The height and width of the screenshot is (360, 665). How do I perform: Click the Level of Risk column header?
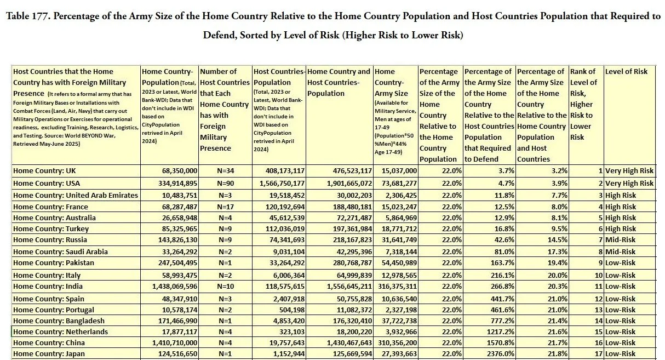pos(626,72)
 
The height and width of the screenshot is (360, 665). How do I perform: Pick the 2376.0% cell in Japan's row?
pos(498,354)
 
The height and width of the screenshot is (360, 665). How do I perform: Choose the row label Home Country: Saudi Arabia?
pos(60,252)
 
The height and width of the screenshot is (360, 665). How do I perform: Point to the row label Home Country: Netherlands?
pos(60,332)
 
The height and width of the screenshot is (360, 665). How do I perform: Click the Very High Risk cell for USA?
pos(629,184)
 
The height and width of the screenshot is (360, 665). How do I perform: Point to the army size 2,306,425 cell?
pos(396,196)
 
